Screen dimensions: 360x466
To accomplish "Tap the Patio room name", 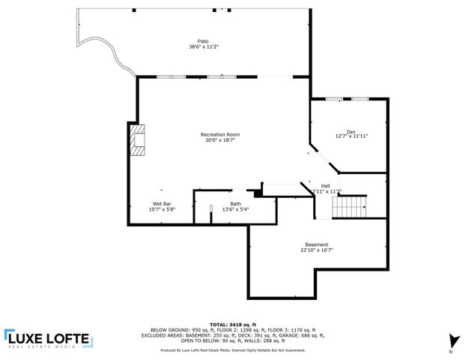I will pos(203,41).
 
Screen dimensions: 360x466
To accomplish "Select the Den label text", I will pos(351,131).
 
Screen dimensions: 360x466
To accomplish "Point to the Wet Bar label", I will pos(162,203).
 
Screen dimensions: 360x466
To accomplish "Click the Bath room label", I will pos(235,203).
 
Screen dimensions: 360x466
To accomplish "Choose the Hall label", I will pos(325,185).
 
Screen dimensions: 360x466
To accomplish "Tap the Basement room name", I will pos(316,244).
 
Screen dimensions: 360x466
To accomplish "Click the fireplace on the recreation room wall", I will pos(138,139).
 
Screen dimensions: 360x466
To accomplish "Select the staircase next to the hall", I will pos(351,206).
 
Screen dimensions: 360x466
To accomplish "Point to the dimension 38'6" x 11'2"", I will pos(203,47).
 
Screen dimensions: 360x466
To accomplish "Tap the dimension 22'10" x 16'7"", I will pos(316,250).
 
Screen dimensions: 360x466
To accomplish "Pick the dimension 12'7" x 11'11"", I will pos(351,136).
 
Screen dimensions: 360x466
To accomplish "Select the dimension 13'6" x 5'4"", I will pos(235,209).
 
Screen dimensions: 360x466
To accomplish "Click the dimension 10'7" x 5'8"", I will pos(162,209).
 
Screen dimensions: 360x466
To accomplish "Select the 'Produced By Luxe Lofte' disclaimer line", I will pos(233,349).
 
